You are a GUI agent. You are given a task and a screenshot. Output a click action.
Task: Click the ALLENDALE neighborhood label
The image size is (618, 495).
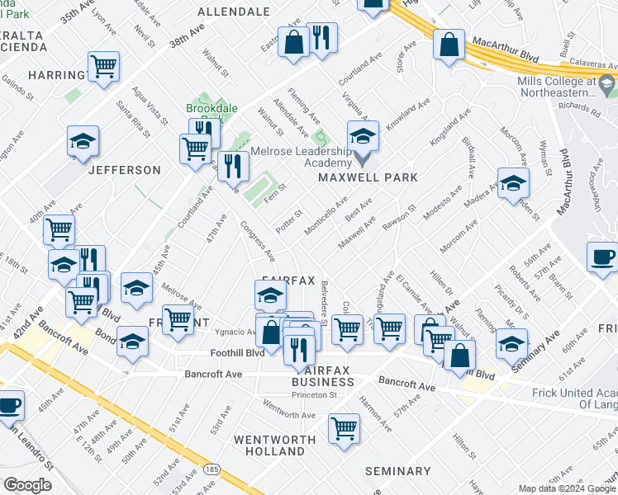(234, 12)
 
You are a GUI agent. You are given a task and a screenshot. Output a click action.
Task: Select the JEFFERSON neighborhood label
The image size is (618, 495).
(124, 170)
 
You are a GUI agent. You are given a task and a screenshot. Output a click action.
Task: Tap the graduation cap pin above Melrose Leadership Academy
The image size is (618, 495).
(363, 136)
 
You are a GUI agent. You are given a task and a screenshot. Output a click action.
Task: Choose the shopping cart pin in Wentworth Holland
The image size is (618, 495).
(344, 428)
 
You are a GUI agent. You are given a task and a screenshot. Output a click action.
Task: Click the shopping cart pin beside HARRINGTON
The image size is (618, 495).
(103, 65)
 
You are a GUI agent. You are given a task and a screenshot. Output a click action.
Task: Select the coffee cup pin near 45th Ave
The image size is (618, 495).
(10, 405)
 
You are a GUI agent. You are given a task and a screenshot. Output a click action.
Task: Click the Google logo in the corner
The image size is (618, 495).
(28, 485)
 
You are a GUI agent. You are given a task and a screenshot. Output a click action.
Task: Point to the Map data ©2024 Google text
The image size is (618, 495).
(567, 488)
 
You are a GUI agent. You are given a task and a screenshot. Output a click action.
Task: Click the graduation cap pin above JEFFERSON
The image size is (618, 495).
(83, 142)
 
